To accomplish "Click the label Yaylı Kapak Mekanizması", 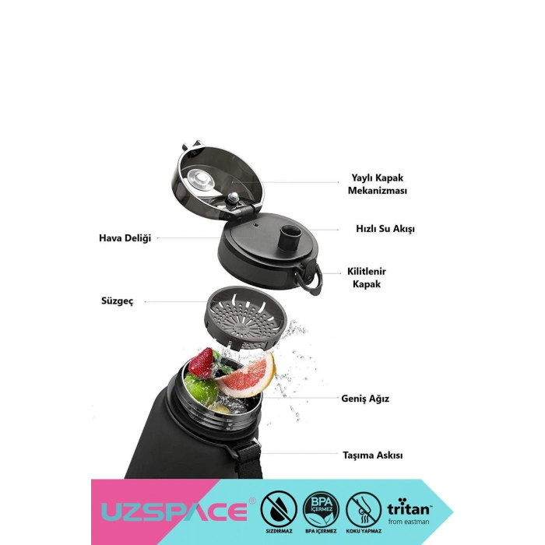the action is tap(378, 185).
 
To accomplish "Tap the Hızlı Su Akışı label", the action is tap(385, 229).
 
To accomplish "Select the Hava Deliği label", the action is tap(125, 238).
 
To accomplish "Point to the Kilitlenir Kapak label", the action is tap(367, 278).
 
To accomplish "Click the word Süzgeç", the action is tap(117, 301).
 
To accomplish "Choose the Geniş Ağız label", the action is tap(365, 399).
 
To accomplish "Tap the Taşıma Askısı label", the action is tap(373, 455).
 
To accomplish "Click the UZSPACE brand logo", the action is tap(174, 512).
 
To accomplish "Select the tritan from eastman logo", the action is tap(409, 512).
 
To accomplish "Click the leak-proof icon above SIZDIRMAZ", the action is tap(279, 509).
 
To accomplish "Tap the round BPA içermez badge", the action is tap(321, 509).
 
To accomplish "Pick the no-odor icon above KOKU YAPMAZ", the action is tap(364, 509).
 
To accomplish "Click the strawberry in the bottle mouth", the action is tap(201, 363).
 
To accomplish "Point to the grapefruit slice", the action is tap(246, 375).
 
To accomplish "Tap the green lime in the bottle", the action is tap(201, 389).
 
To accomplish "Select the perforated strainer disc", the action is tap(245, 318).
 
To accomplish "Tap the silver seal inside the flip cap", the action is tap(201, 180).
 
